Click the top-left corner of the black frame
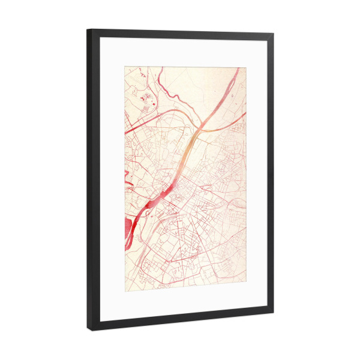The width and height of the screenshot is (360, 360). click(x=87, y=29)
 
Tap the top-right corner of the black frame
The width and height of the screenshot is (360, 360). click(x=274, y=34)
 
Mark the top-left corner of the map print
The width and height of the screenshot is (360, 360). click(x=125, y=65)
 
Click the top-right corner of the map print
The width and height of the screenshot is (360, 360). click(x=247, y=67)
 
